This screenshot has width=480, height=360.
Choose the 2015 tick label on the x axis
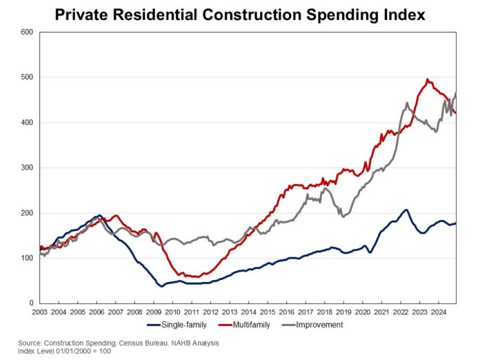pos(277,312)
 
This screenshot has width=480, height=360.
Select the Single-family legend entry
pos(173,325)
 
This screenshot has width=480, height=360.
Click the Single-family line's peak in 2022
pos(406,210)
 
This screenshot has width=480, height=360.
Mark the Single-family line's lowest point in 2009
pos(162,286)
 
